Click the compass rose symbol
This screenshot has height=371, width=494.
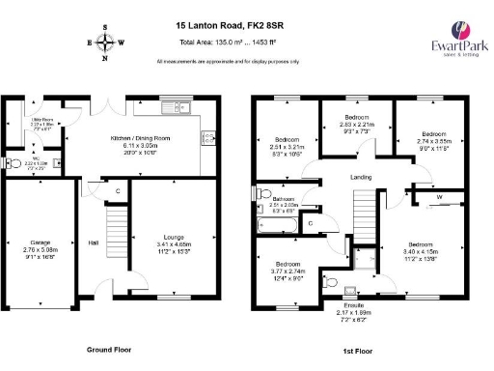pos(106,43)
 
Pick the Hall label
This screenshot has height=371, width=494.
pos(95,243)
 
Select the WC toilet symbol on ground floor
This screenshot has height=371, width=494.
pos(11,164)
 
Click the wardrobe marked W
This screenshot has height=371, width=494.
pos(440,199)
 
